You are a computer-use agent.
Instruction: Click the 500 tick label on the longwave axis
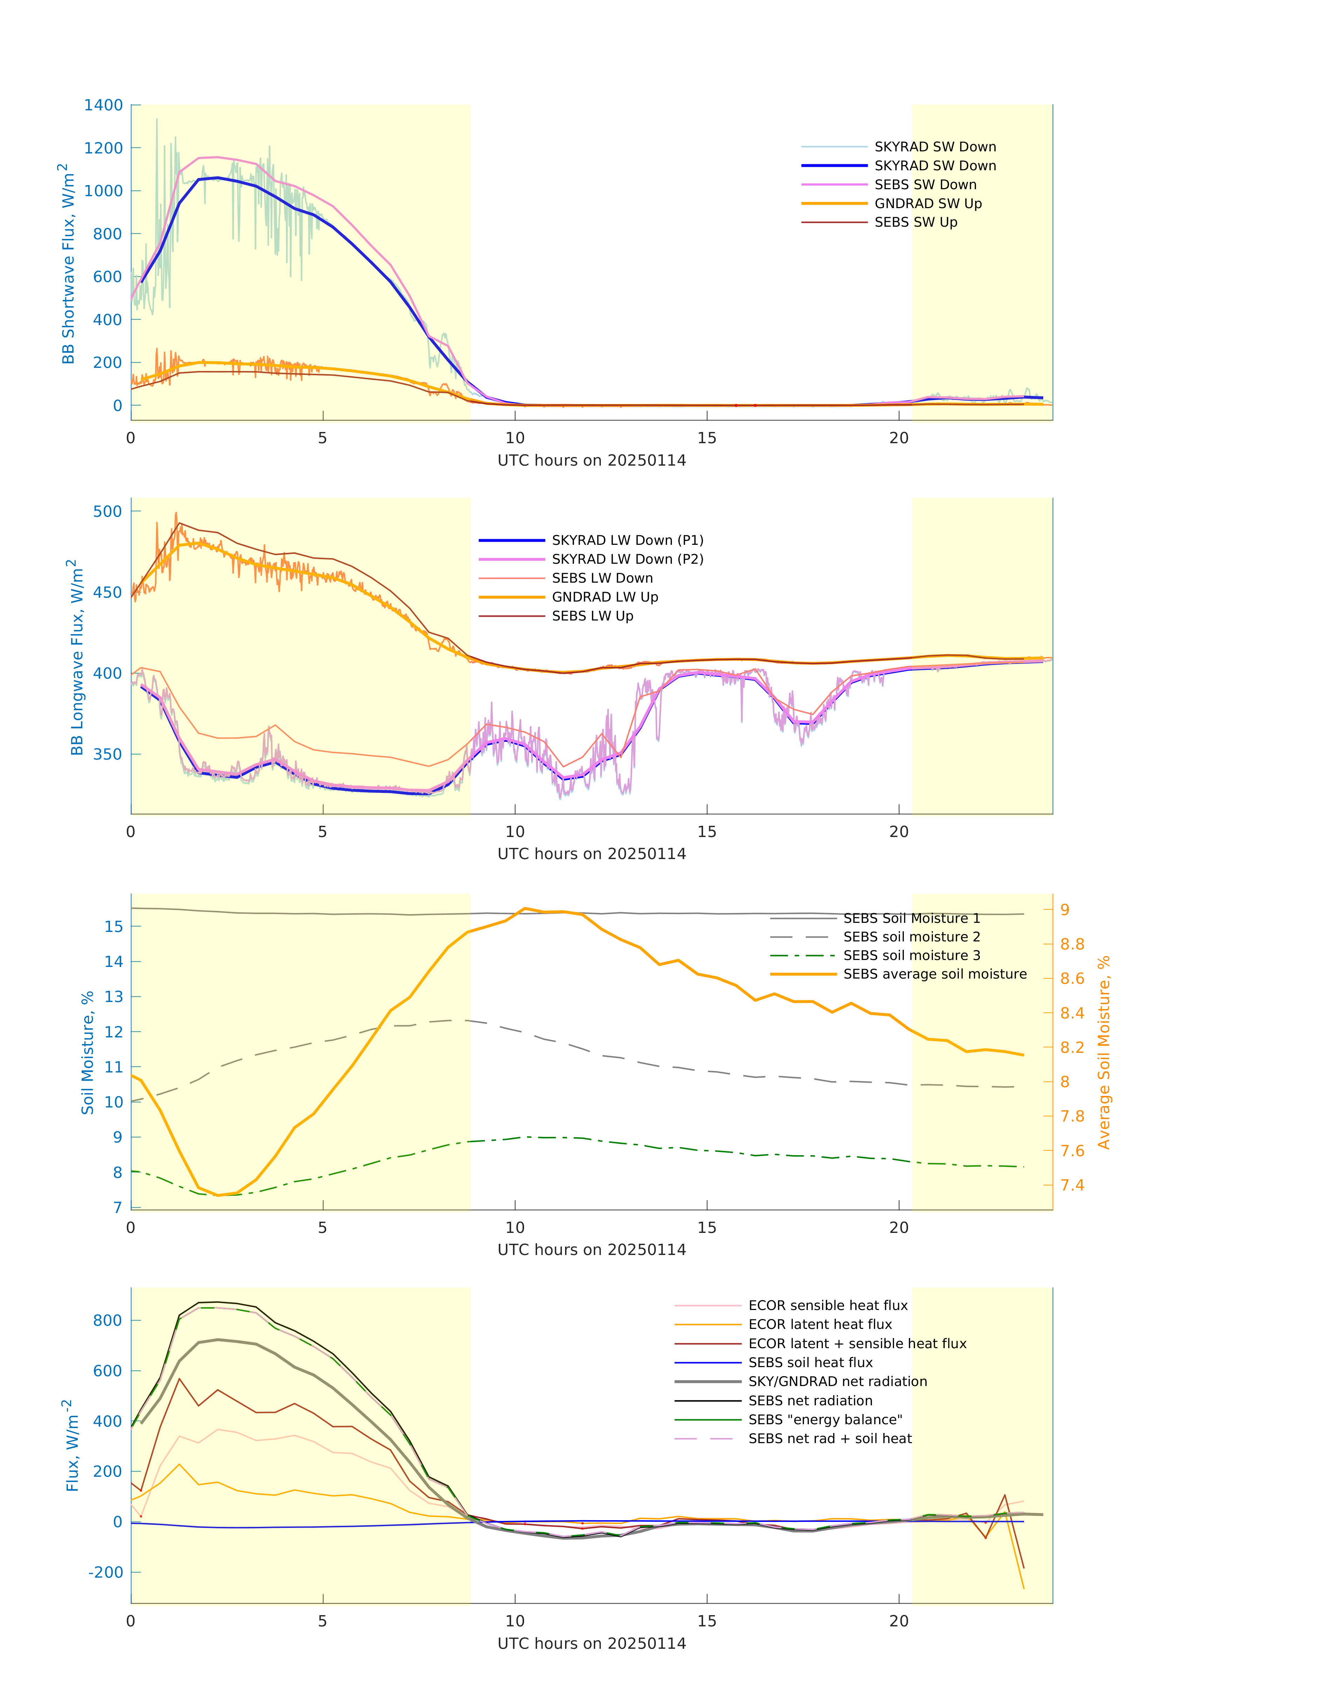point(108,512)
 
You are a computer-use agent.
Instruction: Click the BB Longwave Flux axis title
point(75,658)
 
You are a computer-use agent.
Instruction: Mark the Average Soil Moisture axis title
point(1104,1052)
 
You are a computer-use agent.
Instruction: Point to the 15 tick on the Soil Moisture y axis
point(114,927)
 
